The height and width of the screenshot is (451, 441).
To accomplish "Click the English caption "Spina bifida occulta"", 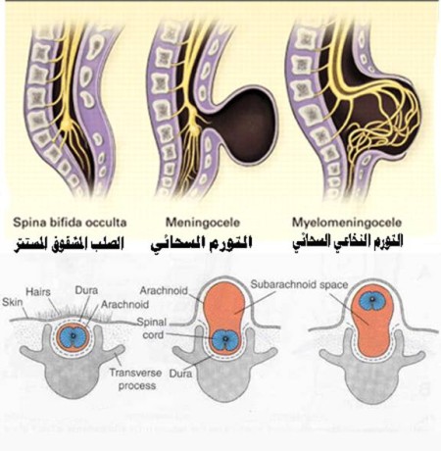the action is [70, 223].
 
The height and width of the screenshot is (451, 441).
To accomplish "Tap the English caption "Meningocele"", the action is [203, 223].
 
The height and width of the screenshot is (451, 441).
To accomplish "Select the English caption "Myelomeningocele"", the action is [347, 223].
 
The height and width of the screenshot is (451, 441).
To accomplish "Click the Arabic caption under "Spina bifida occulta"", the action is [69, 244].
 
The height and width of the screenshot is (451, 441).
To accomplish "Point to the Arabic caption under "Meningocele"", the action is [201, 244].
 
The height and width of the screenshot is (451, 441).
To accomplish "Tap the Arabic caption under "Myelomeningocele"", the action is [347, 242].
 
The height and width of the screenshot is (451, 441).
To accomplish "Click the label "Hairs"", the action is [38, 291].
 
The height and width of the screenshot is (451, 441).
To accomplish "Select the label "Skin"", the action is [13, 302].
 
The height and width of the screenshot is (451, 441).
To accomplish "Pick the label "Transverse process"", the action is [136, 379].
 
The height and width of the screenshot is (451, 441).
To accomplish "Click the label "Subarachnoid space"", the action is [299, 284].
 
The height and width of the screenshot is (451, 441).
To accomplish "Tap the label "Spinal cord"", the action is [152, 328].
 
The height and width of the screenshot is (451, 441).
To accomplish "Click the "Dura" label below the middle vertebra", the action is [180, 374].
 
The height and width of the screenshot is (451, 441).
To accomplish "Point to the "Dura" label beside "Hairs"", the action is [86, 290].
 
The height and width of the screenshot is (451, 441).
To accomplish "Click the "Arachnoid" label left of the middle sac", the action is [164, 290].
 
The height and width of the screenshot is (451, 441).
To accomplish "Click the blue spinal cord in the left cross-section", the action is [73, 336].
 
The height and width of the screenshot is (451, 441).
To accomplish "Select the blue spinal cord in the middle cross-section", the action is [225, 339].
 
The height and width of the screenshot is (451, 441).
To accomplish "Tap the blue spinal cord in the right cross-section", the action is [372, 300].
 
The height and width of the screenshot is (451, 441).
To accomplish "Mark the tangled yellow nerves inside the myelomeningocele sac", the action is [382, 125].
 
